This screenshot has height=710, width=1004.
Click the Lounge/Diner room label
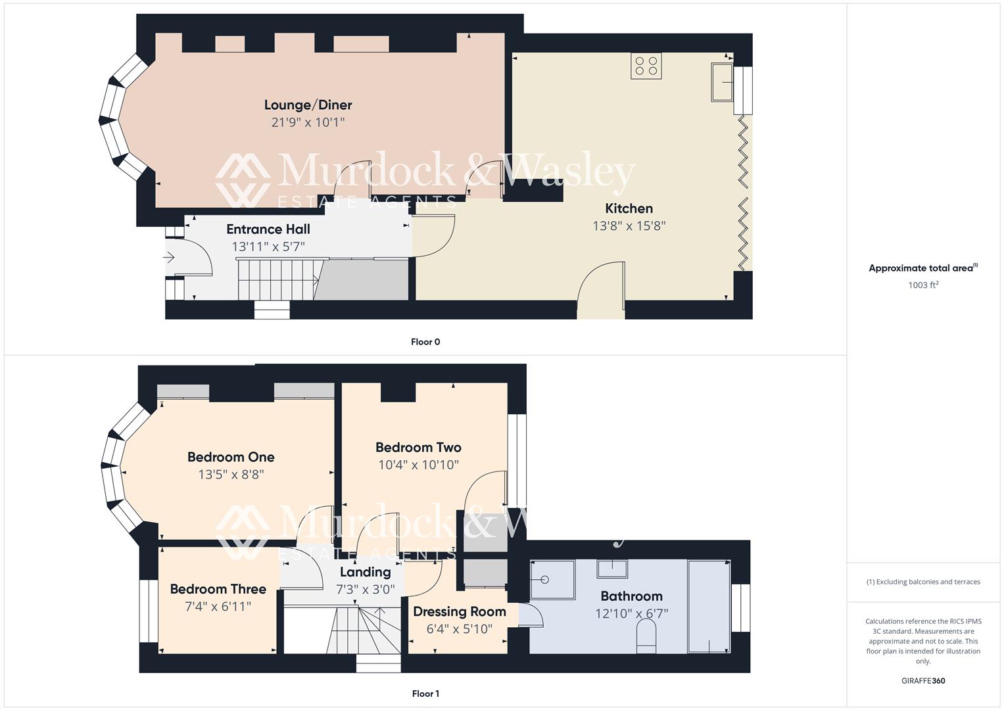(x=308, y=105)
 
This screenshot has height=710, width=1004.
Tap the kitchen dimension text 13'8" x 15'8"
(x=629, y=225)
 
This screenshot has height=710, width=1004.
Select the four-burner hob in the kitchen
(x=646, y=66)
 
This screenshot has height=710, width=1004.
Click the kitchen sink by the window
(x=722, y=82)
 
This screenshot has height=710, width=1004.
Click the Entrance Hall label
(x=268, y=229)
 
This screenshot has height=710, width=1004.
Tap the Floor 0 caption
(x=425, y=342)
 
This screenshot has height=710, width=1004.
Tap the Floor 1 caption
(x=425, y=694)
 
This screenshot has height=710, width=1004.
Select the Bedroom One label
(x=231, y=457)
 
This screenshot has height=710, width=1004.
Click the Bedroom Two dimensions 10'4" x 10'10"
(x=418, y=465)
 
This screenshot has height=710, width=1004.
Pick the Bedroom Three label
(x=218, y=589)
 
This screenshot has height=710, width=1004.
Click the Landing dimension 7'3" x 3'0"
(x=365, y=589)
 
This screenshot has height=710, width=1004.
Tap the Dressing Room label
(x=459, y=611)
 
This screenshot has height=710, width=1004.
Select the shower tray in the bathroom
(x=552, y=580)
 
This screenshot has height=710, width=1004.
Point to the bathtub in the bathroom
(x=709, y=606)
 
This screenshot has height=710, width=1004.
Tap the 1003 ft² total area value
(x=922, y=285)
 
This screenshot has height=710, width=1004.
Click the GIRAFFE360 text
(x=922, y=681)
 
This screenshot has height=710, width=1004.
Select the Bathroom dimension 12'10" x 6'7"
(x=631, y=613)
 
